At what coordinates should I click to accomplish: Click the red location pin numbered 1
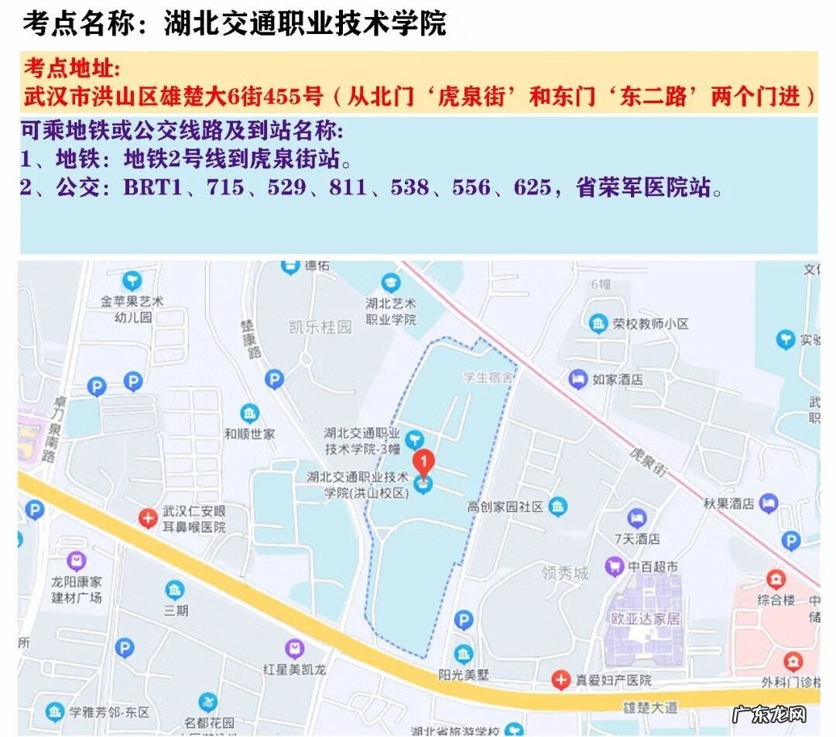[x=423, y=462]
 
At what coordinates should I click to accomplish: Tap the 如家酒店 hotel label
[x=618, y=379]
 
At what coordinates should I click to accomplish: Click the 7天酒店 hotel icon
[x=636, y=516]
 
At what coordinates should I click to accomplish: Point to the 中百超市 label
[x=653, y=567]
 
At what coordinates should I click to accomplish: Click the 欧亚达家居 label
[x=645, y=619]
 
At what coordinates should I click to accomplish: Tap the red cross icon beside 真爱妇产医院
[x=560, y=680]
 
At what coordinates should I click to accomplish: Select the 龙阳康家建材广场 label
[x=77, y=589]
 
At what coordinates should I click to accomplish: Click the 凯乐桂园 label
[x=320, y=327]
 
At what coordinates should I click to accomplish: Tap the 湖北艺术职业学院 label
[x=391, y=311]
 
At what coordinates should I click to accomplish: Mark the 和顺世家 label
[x=249, y=434]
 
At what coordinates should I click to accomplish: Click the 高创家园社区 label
[x=505, y=507]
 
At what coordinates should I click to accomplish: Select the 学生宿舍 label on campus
[x=488, y=378]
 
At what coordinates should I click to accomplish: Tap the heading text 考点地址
[x=72, y=68]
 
